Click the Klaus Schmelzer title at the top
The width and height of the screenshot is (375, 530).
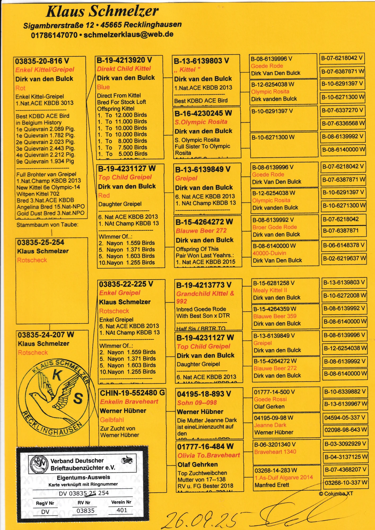point(102,11)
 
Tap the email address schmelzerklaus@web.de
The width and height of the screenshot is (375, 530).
point(129,34)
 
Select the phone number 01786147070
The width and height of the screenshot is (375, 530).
point(54,35)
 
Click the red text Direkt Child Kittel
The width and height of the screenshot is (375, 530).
point(124,69)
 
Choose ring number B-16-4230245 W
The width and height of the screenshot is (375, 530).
point(203,113)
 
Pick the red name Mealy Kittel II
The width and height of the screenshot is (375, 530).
point(270,290)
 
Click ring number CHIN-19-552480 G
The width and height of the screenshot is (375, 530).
point(132,393)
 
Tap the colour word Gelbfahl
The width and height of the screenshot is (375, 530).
point(112,420)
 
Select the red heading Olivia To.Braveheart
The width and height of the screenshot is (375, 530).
point(209,455)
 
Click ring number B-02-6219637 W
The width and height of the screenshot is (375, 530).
point(344,258)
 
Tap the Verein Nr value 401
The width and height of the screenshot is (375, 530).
point(122,510)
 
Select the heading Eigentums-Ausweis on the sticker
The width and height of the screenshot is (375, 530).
point(83,478)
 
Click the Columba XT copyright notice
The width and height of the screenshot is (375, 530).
point(336,494)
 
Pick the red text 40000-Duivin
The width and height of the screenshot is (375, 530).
point(269,253)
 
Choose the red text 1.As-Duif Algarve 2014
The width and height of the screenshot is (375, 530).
point(284,478)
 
